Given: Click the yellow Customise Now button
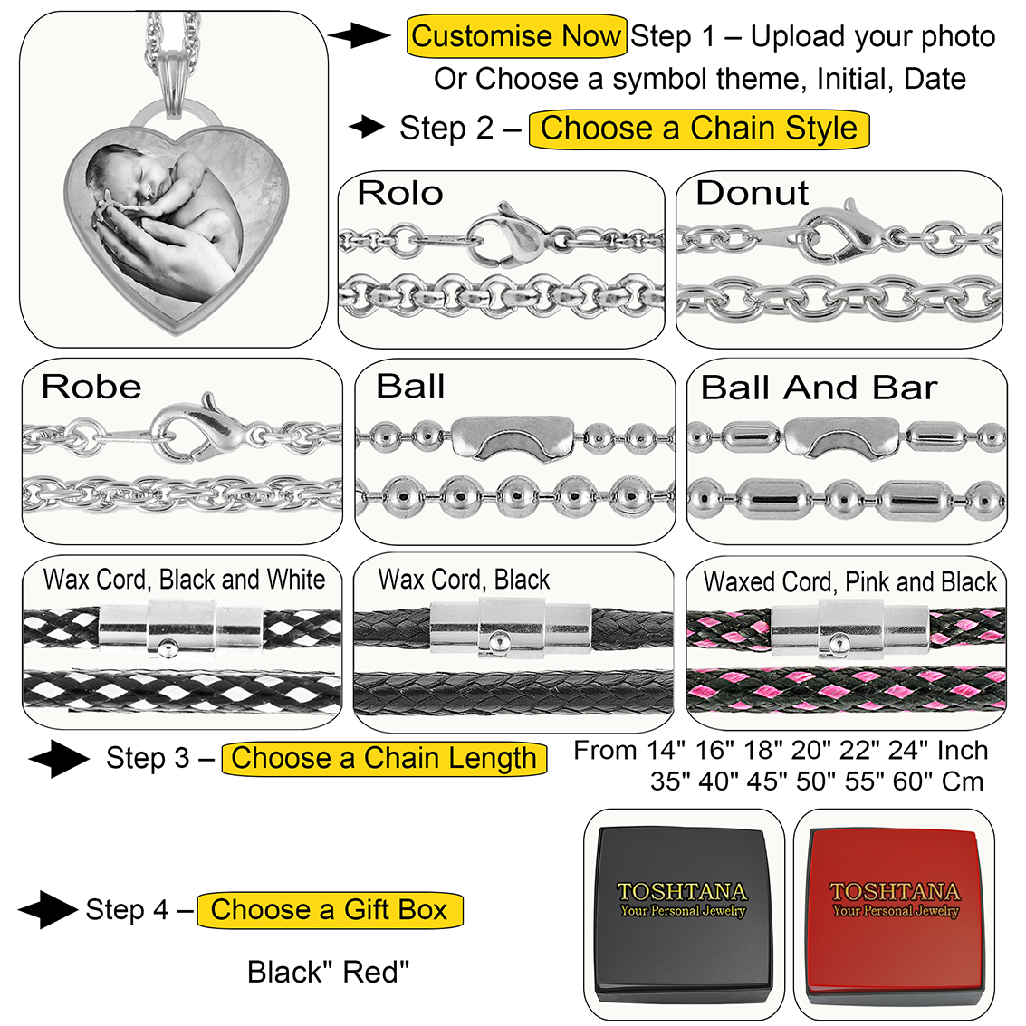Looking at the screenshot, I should click(x=516, y=36).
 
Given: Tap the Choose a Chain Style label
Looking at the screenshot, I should click(x=698, y=128).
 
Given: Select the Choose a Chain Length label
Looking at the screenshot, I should click(x=384, y=758).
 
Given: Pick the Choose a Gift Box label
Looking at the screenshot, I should click(x=330, y=909).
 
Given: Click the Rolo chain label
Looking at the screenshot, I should click(x=399, y=193).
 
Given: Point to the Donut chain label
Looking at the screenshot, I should click(x=752, y=193).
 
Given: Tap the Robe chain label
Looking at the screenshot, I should click(x=91, y=387).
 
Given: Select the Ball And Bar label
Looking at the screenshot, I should click(x=819, y=388).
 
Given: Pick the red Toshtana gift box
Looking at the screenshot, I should click(x=895, y=915).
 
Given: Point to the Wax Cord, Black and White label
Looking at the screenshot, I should click(x=185, y=580).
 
